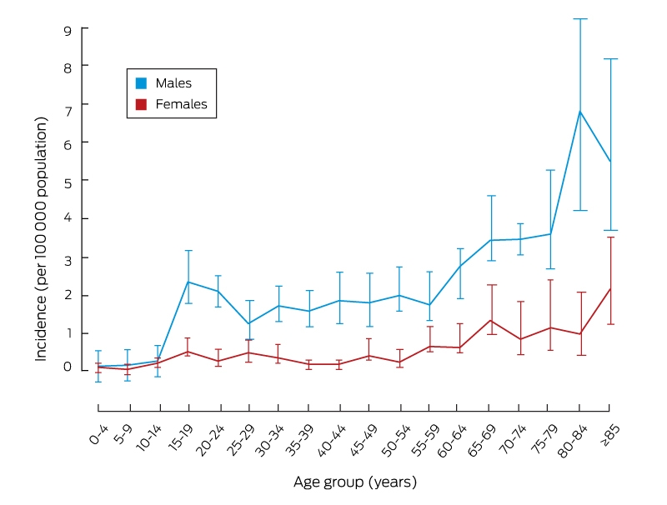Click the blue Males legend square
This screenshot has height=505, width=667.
coord(141,82)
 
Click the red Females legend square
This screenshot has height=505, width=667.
coord(141,104)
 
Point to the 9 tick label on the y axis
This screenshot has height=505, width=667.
coord(68,30)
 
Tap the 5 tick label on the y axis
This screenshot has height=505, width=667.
coord(68,182)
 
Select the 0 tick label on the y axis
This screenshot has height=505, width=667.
coord(68,367)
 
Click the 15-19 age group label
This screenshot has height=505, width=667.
coord(181,437)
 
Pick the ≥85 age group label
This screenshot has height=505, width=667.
coord(610,435)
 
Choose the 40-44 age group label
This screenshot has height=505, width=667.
coord(331,440)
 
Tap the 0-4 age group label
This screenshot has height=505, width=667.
coord(98,434)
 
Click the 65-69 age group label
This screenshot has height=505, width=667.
coord(482,440)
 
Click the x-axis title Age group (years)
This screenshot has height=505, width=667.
coord(355,482)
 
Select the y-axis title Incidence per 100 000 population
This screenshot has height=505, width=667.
coord(41,239)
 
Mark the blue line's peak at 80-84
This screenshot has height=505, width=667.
coord(580,112)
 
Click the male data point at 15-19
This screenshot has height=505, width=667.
coord(188,282)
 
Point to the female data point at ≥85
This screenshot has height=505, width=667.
coord(610,289)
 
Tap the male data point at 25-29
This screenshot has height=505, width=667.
coord(248,323)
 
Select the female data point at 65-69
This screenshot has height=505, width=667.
coord(491,321)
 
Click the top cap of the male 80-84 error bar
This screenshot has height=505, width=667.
coord(580,18)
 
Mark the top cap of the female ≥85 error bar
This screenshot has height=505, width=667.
coord(610,237)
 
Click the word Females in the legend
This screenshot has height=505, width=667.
coord(181,104)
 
